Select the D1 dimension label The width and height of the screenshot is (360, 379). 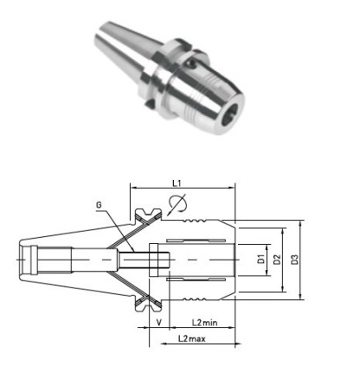pyautogui.click(x=261, y=260)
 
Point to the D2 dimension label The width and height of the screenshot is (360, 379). pyautogui.click(x=278, y=260)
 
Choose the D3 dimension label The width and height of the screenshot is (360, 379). pyautogui.click(x=297, y=260)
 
